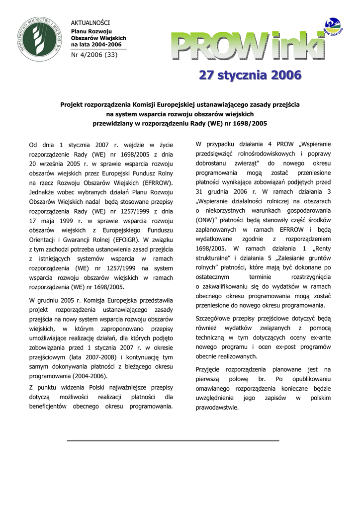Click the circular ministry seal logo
click(x=39, y=39)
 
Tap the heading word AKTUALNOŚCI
click(x=90, y=23)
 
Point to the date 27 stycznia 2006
click(x=250, y=76)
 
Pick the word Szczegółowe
click(x=215, y=318)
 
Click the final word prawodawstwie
click(x=217, y=408)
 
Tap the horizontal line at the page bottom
click(x=173, y=440)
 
